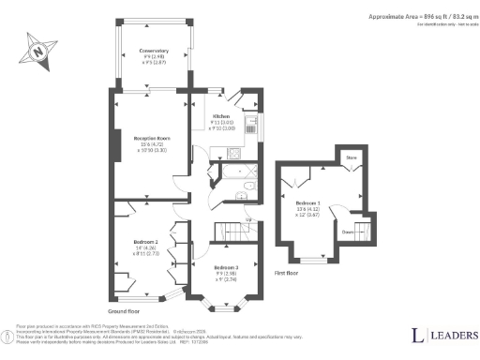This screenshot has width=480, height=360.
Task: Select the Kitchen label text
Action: (220, 116)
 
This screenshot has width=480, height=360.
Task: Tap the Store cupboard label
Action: (352, 158)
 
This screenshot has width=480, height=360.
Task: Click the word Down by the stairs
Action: (347, 232)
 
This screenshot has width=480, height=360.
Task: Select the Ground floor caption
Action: (124, 309)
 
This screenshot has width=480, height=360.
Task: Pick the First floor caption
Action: (287, 273)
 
